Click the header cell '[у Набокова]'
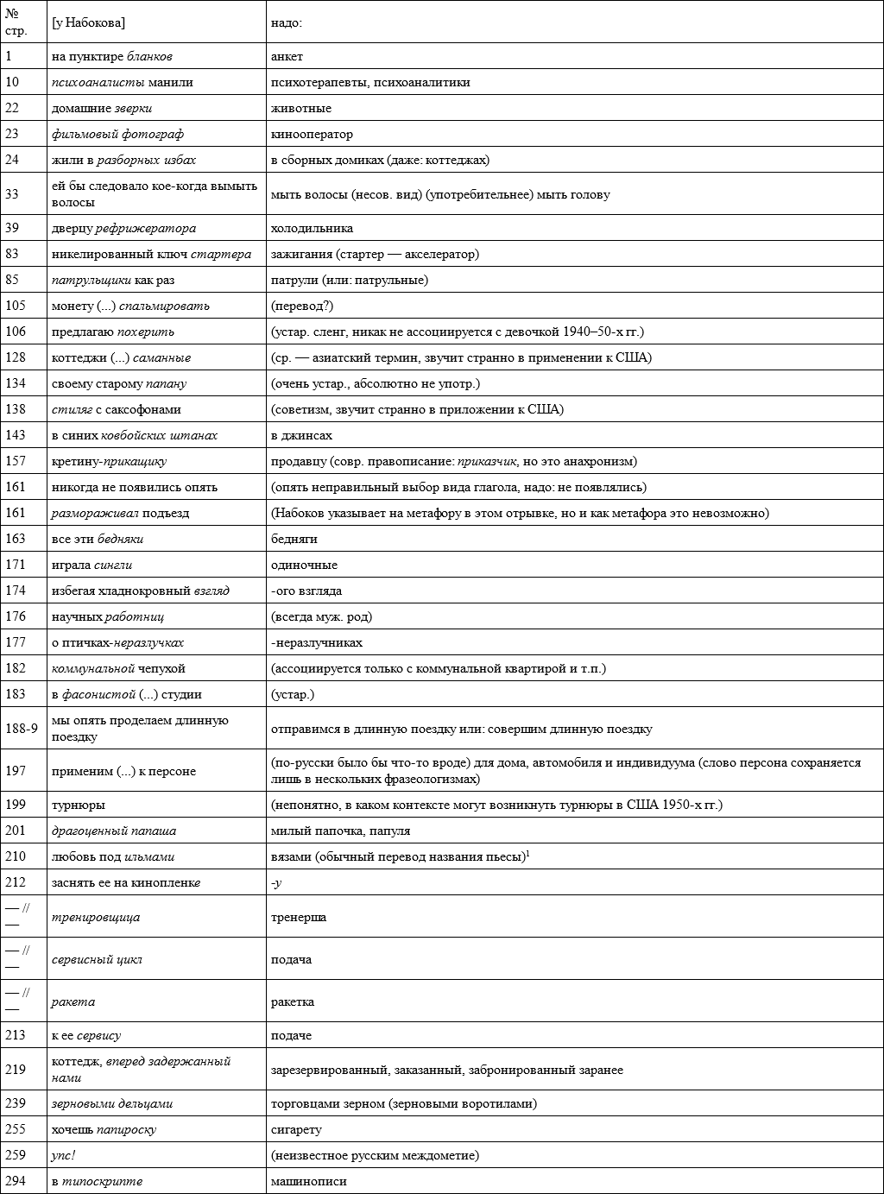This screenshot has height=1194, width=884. coord(88,23)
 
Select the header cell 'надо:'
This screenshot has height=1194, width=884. coord(286,23)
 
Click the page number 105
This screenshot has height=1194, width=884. coord(16,306)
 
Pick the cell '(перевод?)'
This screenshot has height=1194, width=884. coord(301,306)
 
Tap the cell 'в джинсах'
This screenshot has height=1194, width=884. coord(301,435)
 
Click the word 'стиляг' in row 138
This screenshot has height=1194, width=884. coord(68,409)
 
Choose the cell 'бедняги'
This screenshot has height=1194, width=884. coord(294,539)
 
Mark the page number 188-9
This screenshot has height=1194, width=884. coord(22,728)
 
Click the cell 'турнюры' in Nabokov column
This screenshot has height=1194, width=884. coord(79,805)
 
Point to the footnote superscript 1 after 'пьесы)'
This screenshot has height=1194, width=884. coord(527,853)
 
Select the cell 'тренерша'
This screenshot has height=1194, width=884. coord(299,917)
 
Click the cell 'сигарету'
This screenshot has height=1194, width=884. coord(296,1129)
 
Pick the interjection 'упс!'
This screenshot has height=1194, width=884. coord(63,1155)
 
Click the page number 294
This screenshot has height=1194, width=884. coord(16,1181)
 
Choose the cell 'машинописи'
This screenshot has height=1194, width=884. coord(309,1181)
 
